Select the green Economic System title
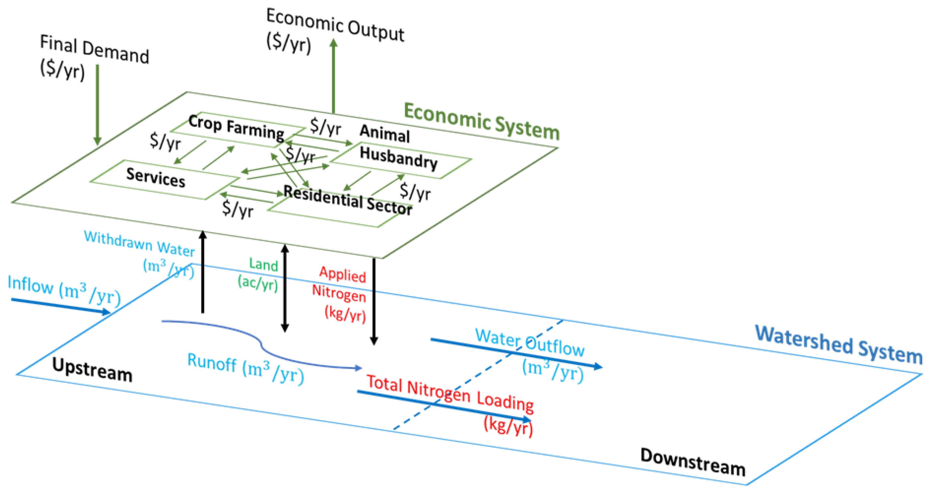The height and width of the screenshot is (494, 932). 481,121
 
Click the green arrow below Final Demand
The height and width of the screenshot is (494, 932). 97,105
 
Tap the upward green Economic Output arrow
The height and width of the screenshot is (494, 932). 334,76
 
